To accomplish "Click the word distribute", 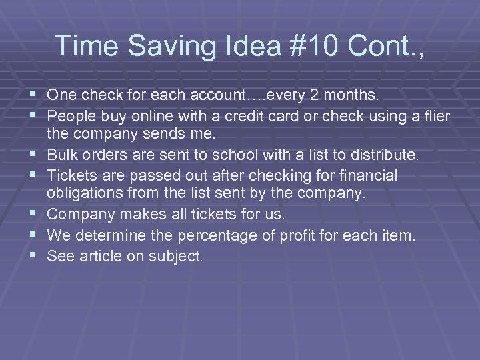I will pos(389,156).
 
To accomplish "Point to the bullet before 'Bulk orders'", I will pos(35,155).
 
